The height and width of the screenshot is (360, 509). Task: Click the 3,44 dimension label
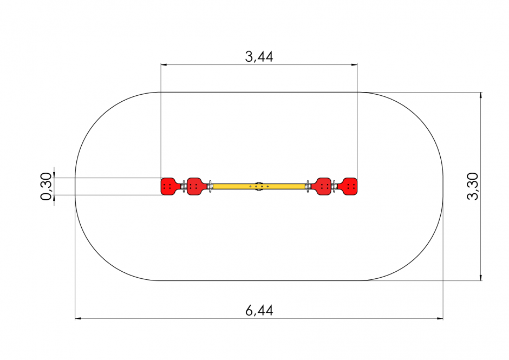[x=259, y=57]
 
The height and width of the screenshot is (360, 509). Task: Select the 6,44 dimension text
[x=259, y=311]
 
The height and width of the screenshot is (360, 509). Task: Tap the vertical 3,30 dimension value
[x=473, y=186]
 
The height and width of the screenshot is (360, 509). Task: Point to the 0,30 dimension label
[x=46, y=186]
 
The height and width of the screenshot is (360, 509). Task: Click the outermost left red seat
[x=169, y=186]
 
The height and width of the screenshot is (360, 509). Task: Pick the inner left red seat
[x=196, y=186]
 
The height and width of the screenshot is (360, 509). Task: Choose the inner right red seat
[x=322, y=186]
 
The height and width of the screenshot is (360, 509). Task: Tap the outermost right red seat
[x=348, y=186]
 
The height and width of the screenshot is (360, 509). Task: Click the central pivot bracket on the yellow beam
[x=259, y=186]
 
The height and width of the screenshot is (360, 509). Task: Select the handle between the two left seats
[x=184, y=186]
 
